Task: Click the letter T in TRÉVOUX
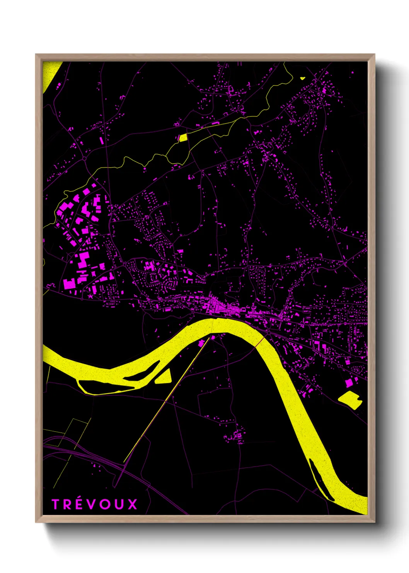(x=56, y=504)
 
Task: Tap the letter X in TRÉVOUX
(x=133, y=504)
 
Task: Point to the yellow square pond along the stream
(x=183, y=137)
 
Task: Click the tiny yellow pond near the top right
(x=302, y=78)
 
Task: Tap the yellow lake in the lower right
(x=350, y=399)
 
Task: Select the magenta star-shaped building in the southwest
(x=91, y=296)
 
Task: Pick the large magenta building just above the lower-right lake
(x=349, y=383)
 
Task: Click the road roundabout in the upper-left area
(x=84, y=158)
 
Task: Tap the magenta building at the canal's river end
(x=201, y=343)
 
